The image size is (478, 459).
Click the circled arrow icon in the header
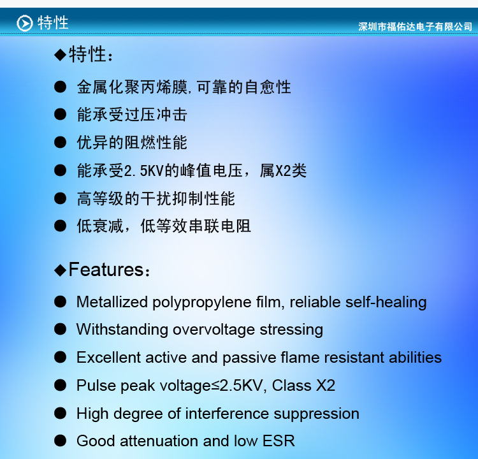click(x=24, y=23)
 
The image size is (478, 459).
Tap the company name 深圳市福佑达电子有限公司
click(x=415, y=27)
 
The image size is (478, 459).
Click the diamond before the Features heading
click(x=60, y=270)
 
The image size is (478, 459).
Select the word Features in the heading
click(x=106, y=270)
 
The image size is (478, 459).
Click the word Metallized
click(x=112, y=302)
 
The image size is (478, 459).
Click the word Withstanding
click(x=122, y=330)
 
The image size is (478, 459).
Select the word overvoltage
click(x=214, y=331)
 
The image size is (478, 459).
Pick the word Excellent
click(x=108, y=358)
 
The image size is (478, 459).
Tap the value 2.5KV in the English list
click(x=241, y=386)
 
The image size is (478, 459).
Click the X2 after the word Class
click(x=326, y=386)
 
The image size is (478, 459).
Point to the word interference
click(x=227, y=414)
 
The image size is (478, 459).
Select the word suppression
click(x=316, y=415)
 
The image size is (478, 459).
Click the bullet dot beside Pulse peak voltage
click(x=60, y=386)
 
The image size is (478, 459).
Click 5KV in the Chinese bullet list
click(x=152, y=170)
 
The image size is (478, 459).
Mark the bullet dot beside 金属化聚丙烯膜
click(x=60, y=87)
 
